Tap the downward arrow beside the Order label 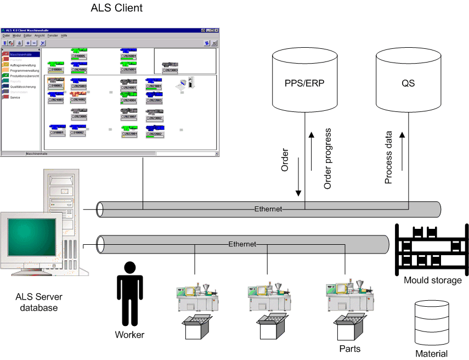click(298, 175)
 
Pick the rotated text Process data click(388, 157)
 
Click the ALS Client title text click(117, 8)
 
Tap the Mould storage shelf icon click(432, 248)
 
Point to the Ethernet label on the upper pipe click(268, 209)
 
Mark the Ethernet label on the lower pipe click(242, 244)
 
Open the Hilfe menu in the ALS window click(64, 35)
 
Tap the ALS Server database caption click(39, 302)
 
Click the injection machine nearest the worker click(196, 299)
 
